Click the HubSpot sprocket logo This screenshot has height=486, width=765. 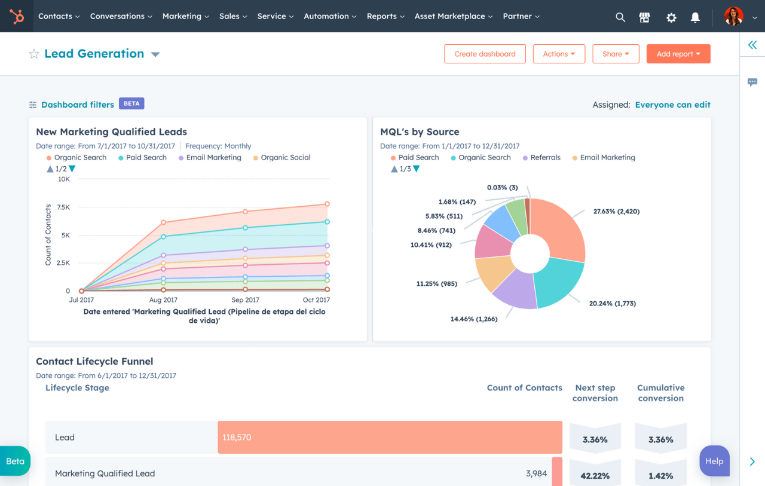point(17,16)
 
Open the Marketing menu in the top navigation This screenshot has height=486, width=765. point(185,16)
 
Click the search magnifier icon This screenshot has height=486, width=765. point(620,17)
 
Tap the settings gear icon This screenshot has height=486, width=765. point(671,17)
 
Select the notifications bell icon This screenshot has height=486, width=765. point(695,17)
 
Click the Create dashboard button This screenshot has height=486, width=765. point(485,54)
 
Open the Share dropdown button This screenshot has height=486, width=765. point(616,54)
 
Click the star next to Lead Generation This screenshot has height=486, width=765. point(34,54)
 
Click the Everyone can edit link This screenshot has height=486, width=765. point(672,105)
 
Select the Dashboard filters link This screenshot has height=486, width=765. point(77,105)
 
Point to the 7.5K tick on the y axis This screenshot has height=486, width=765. point(63,207)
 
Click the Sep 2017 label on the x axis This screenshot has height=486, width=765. point(245,300)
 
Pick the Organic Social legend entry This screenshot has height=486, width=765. point(285,158)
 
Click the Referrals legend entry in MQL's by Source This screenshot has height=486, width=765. point(544,158)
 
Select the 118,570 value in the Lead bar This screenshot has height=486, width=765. point(237,438)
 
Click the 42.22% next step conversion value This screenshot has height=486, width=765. point(595,476)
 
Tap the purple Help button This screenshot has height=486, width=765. point(714,461)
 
